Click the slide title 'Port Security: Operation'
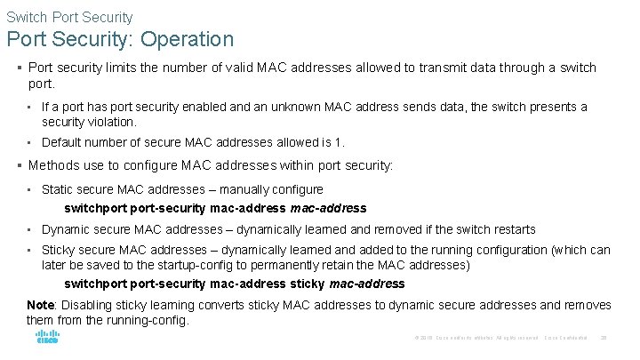point(120,39)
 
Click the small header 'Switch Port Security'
point(69,16)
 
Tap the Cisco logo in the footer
point(47,337)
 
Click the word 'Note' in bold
point(42,305)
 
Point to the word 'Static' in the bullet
point(57,188)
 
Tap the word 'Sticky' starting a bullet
point(58,250)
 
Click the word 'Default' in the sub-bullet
point(62,141)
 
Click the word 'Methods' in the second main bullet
point(54,164)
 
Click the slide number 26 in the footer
point(604,338)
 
